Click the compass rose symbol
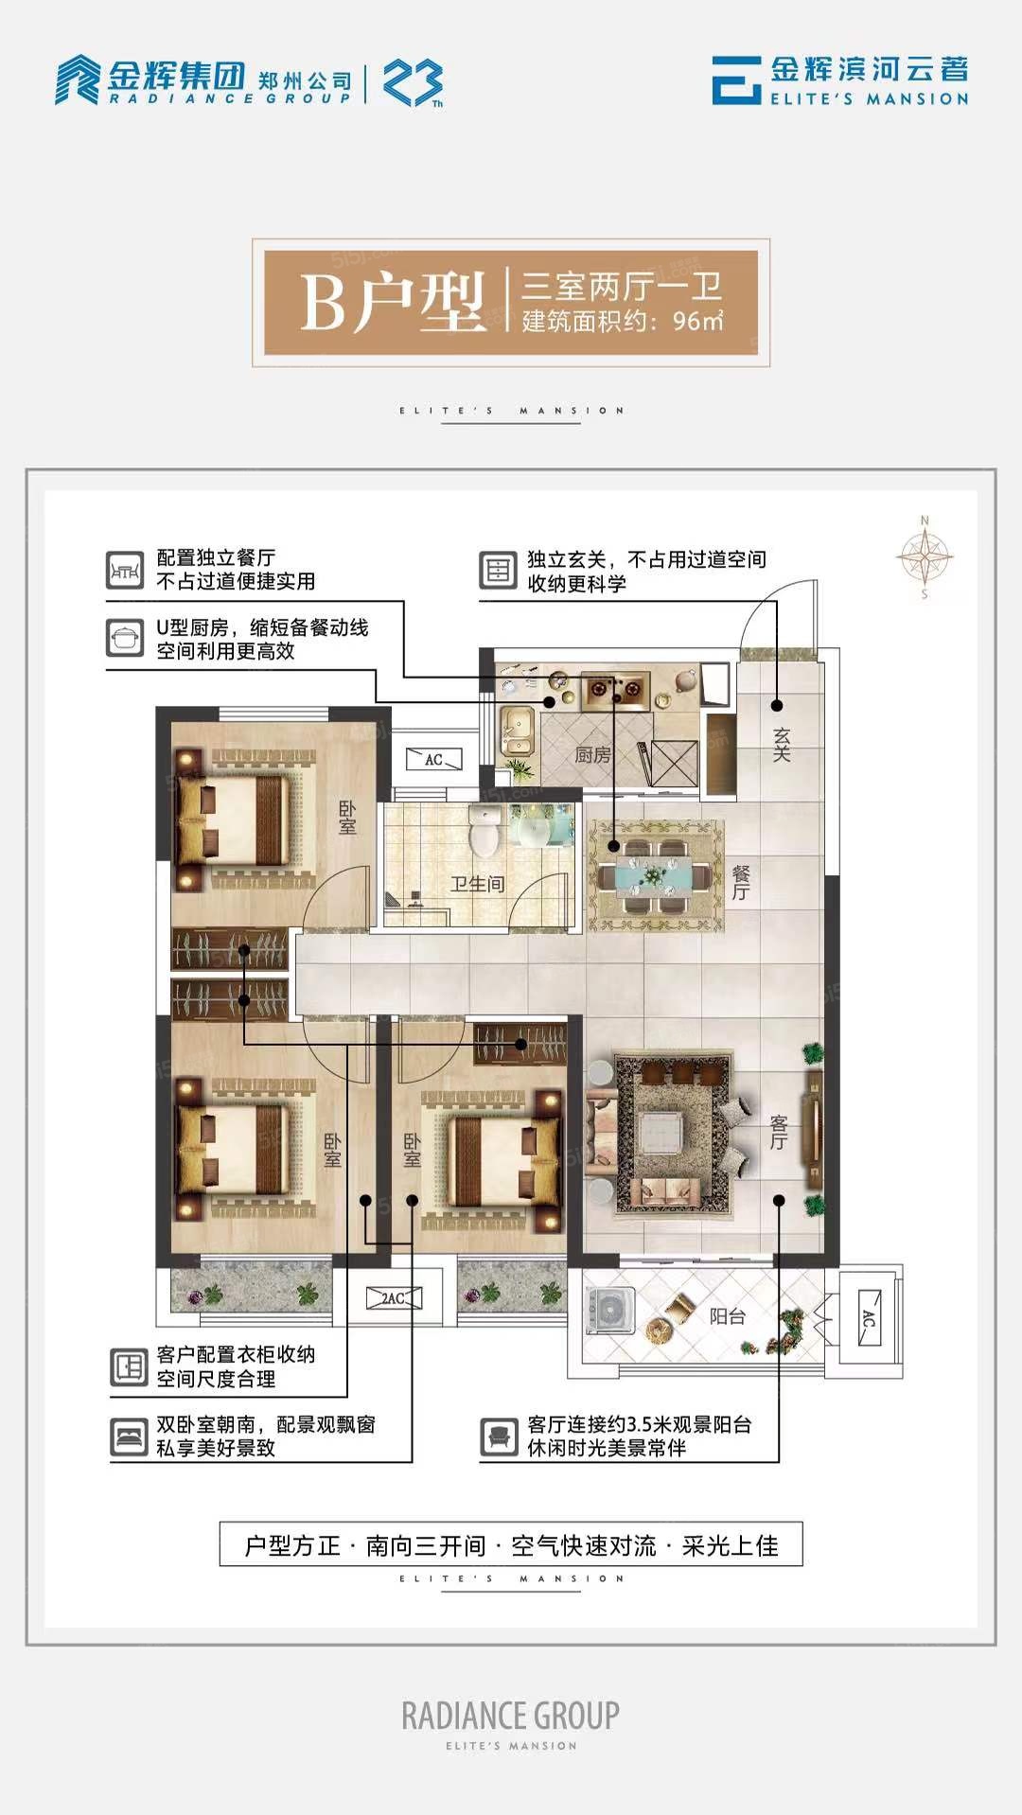pyautogui.click(x=925, y=556)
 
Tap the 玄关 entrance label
pyautogui.click(x=781, y=744)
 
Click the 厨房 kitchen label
pyautogui.click(x=592, y=754)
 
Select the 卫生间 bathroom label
pyautogui.click(x=477, y=884)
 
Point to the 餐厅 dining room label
pyautogui.click(x=741, y=883)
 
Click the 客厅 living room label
pyautogui.click(x=778, y=1132)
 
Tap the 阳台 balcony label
pyautogui.click(x=728, y=1315)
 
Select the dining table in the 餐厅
pyautogui.click(x=655, y=876)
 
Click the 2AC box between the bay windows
pyautogui.click(x=394, y=1299)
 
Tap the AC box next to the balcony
pyautogui.click(x=868, y=1318)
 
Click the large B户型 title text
pyautogui.click(x=393, y=303)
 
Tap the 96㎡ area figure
pyautogui.click(x=698, y=320)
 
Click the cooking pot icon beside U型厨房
pyautogui.click(x=125, y=639)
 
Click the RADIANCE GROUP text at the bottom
pyautogui.click(x=511, y=1715)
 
